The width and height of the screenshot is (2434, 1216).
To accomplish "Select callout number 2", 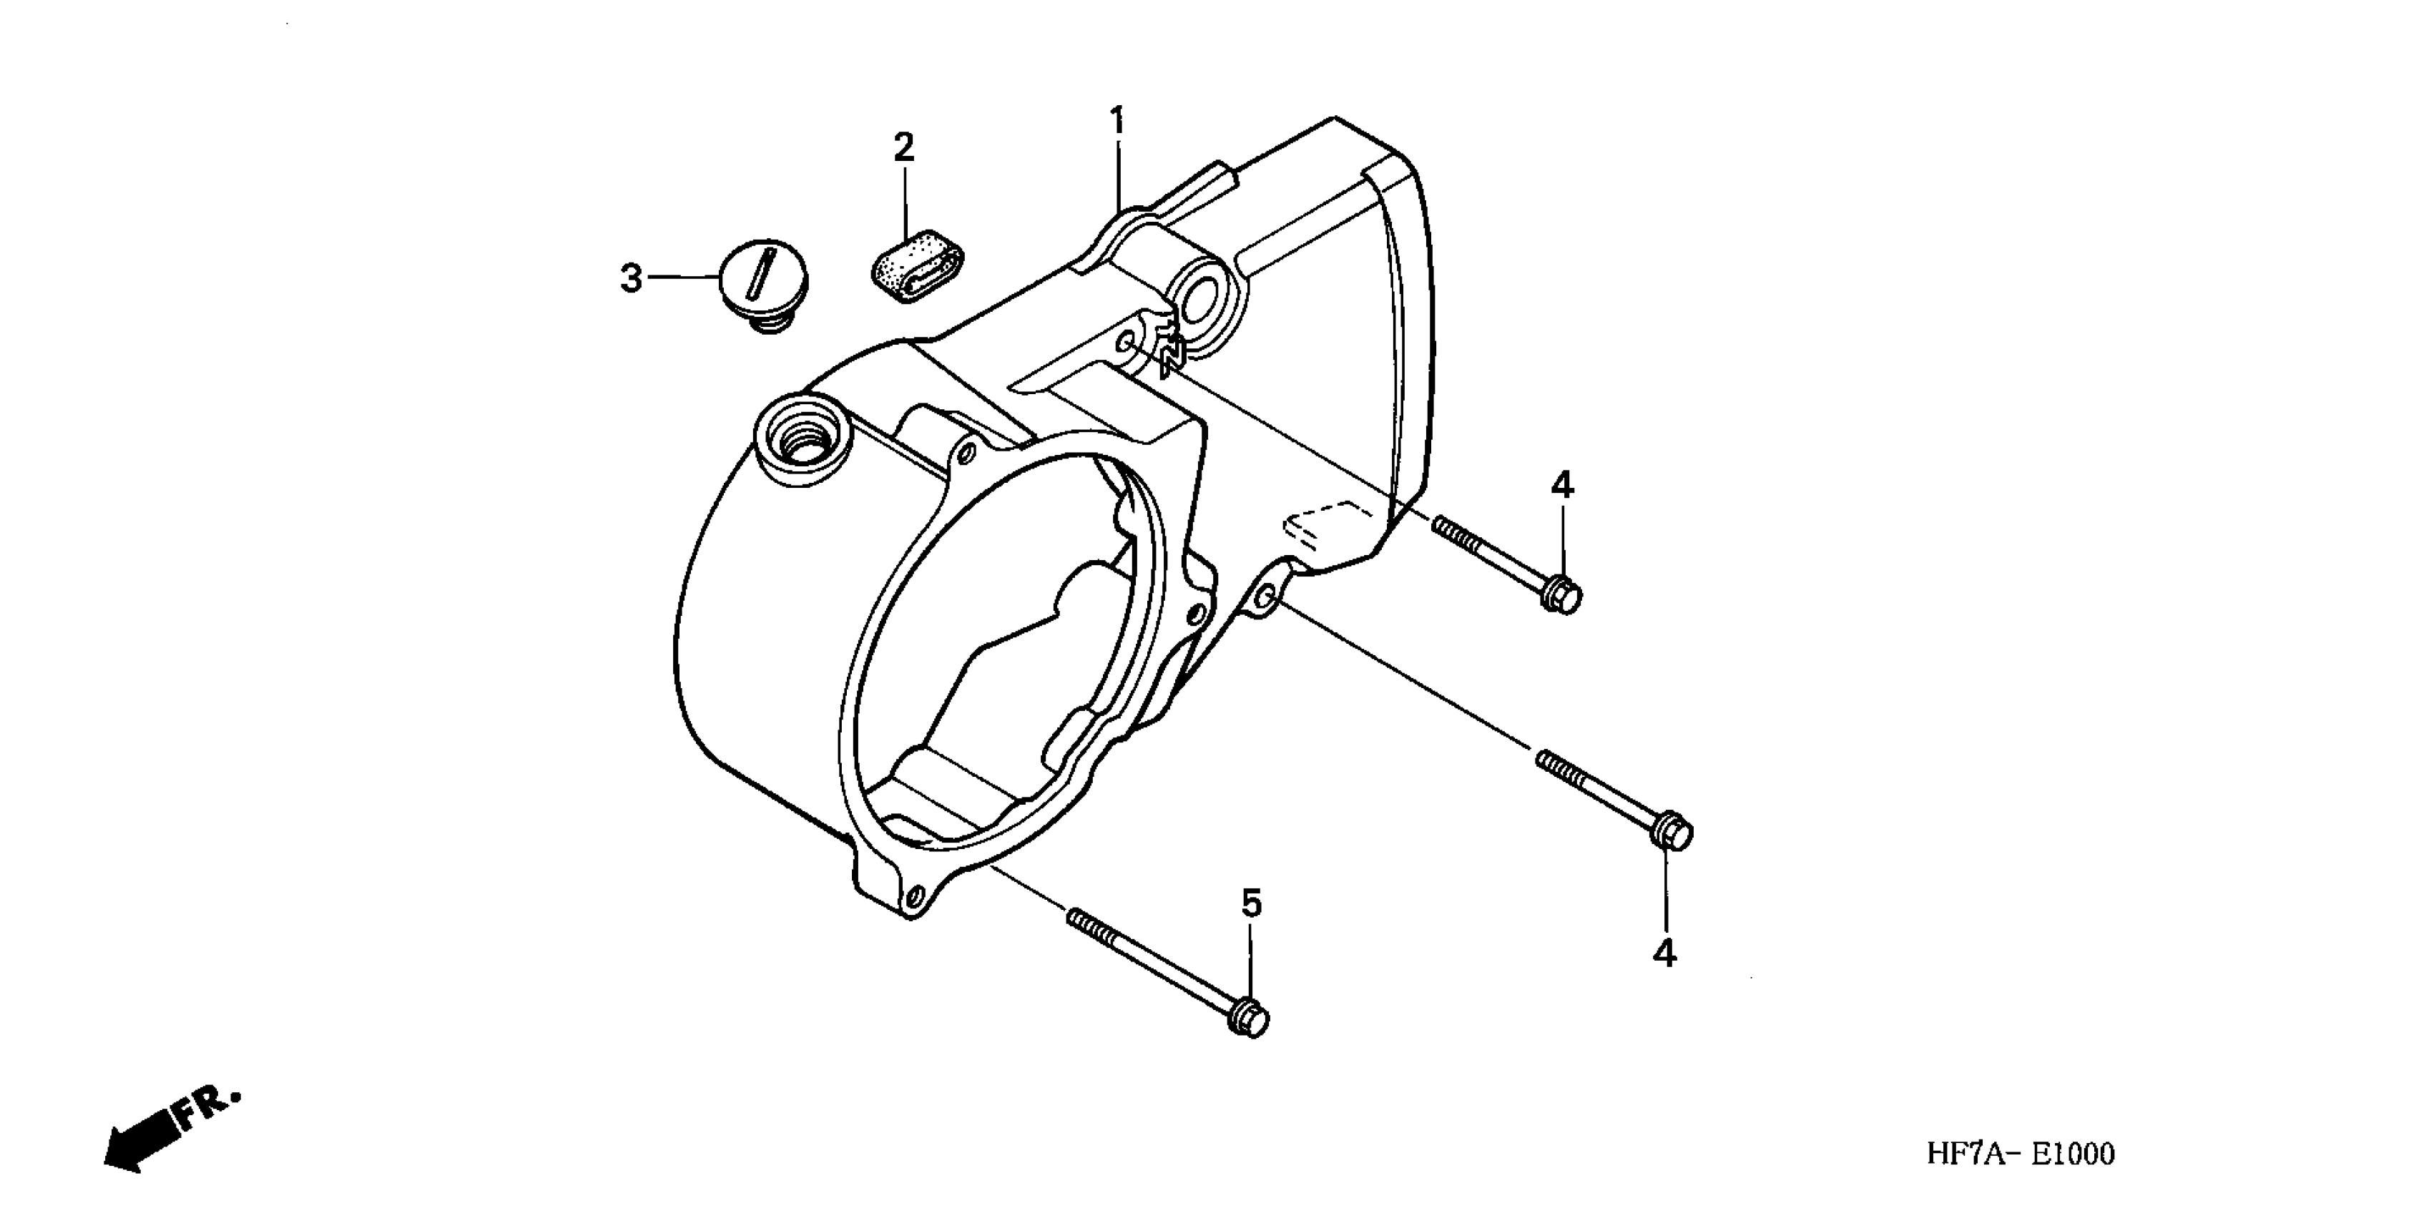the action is coord(904,147).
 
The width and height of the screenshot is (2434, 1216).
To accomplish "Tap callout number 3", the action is coord(631,279).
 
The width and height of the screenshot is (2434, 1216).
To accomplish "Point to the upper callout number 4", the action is coord(1562,486).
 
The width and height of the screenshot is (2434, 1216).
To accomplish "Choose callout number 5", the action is coord(1251,904).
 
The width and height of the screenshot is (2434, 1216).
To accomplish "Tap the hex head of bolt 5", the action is coord(1251,1019).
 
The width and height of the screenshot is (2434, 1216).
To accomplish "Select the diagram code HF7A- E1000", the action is coord(2020,1154).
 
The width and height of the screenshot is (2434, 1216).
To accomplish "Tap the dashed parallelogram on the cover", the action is coord(1325,521).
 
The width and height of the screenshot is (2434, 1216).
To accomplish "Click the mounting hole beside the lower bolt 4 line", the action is coord(1267,598).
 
